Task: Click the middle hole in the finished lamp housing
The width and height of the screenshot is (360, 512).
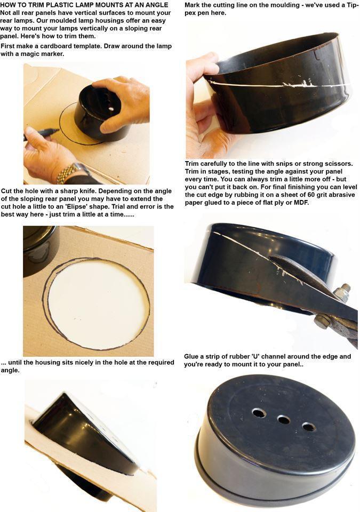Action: point(284,420)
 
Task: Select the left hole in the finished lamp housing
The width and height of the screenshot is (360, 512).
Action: point(259,413)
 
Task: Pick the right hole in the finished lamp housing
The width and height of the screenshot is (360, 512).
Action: point(309,427)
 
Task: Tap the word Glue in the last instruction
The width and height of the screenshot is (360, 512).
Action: point(193,356)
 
